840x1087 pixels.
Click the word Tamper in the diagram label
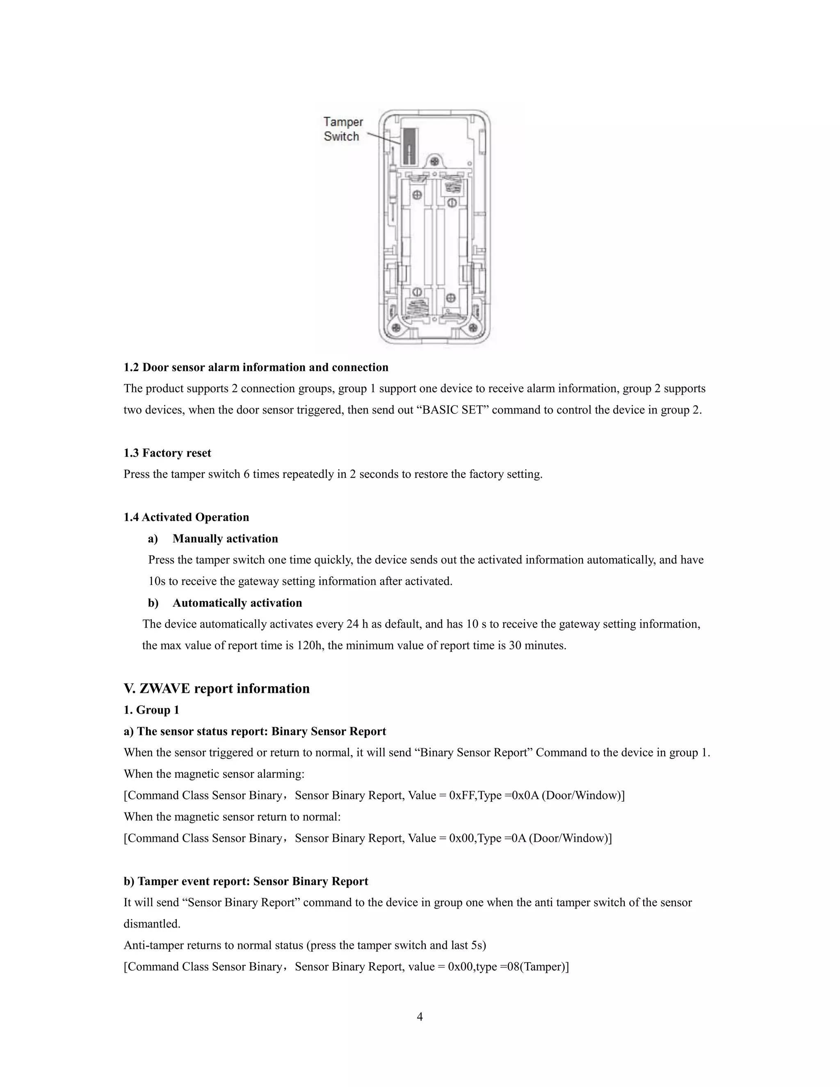click(343, 122)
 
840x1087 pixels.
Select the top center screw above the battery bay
click(435, 162)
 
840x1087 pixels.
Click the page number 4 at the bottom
click(420, 1016)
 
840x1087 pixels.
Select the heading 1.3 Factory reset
click(167, 453)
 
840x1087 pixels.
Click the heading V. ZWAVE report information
click(217, 688)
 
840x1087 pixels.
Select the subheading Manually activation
click(225, 539)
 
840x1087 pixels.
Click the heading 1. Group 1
click(151, 710)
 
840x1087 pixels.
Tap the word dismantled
click(152, 924)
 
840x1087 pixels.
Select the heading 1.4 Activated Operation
click(186, 517)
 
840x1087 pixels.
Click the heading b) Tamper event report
click(245, 881)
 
